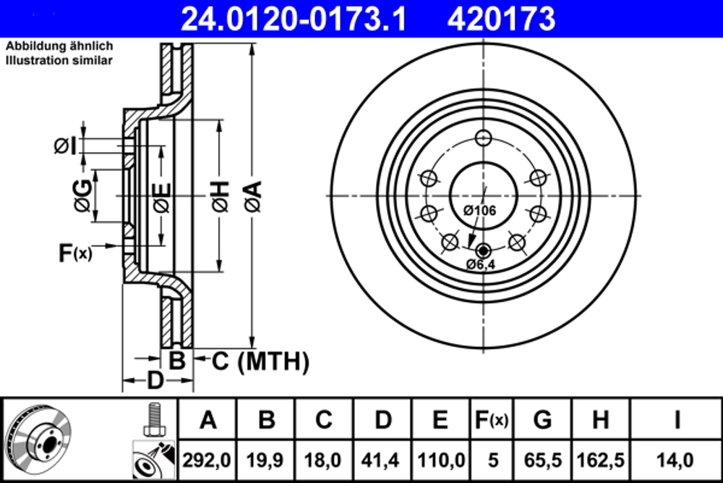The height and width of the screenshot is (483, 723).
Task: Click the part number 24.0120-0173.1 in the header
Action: pos(294,18)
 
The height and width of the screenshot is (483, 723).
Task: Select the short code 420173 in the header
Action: pos(501,18)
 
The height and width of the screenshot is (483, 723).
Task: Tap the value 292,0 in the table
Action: pos(208,461)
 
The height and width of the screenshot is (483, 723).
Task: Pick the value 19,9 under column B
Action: pos(267,461)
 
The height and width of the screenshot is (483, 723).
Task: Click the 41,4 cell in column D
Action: pos(383,461)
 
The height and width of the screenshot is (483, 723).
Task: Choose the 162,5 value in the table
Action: pos(600,461)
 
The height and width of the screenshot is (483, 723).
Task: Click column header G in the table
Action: pos(542,419)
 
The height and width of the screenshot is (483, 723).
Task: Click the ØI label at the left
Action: pos(65,147)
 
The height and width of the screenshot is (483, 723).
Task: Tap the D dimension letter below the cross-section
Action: pos(154,380)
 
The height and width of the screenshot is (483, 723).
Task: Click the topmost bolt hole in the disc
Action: pos(484,139)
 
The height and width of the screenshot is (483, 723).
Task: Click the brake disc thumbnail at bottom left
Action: pos(38,439)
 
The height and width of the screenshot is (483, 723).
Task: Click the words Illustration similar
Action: pos(59,61)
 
